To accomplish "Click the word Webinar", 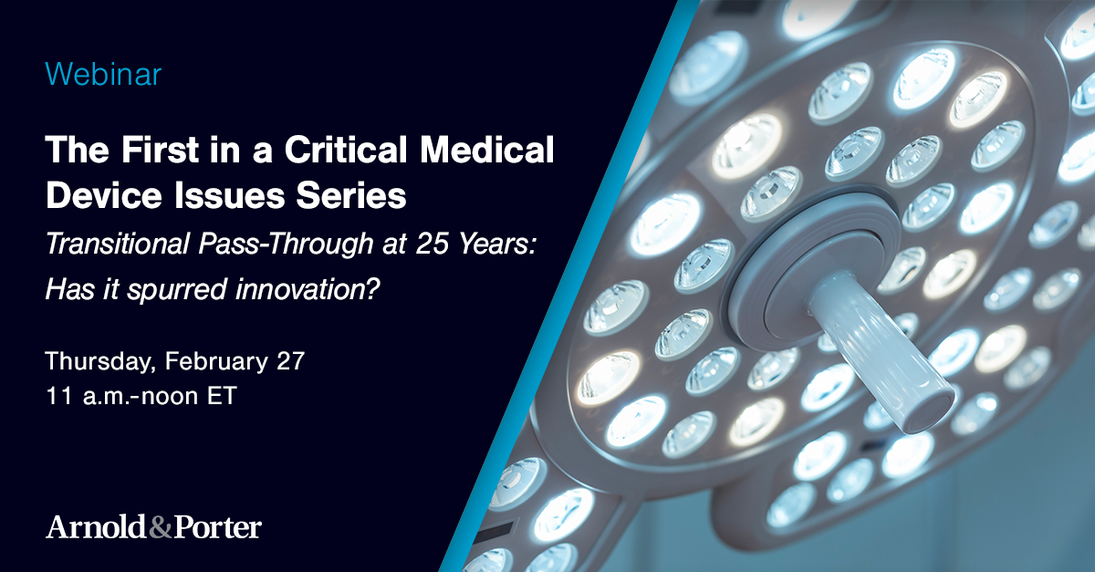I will [x=103, y=74].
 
